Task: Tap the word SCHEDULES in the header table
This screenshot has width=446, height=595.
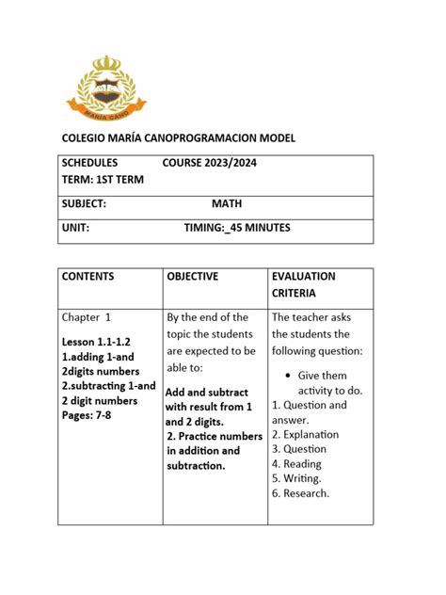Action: [x=90, y=163]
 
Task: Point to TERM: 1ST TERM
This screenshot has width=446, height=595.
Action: [x=103, y=180]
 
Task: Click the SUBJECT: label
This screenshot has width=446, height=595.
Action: [x=84, y=203]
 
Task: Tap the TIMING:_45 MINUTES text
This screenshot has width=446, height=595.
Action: [x=237, y=228]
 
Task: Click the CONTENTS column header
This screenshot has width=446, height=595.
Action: [x=88, y=277]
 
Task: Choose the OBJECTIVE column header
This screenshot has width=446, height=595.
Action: [x=192, y=277]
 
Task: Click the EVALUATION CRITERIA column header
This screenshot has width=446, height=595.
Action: [x=303, y=285]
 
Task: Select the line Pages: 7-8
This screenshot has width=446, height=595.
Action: [x=87, y=415]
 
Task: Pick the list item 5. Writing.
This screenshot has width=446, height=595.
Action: [x=296, y=478]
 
